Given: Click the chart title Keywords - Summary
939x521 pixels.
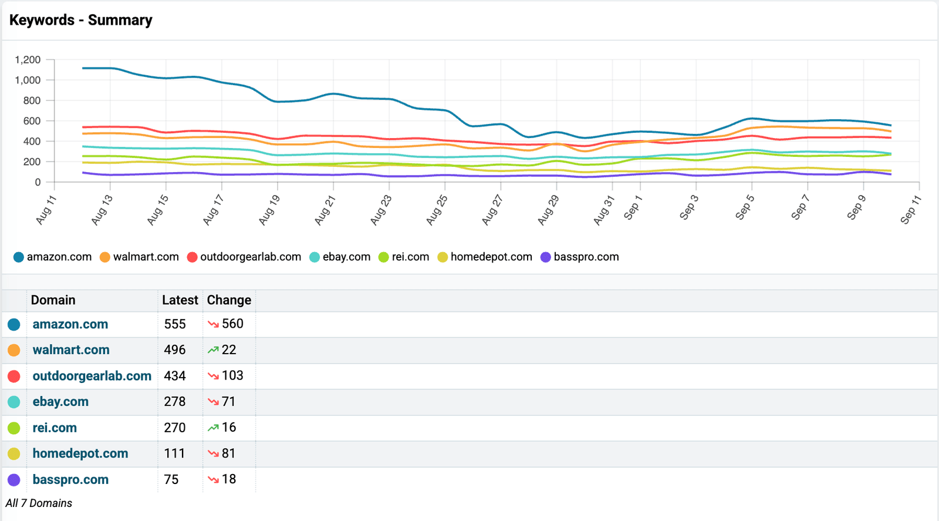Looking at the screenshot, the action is tap(80, 20).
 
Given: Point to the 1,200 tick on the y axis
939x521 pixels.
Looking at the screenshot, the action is tap(28, 59).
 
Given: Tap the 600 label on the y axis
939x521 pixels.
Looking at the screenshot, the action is tap(32, 121).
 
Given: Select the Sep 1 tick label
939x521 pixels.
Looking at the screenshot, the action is tap(633, 207).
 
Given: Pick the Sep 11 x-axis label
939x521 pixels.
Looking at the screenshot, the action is tap(910, 209).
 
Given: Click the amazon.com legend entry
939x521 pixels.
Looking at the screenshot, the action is tap(52, 257).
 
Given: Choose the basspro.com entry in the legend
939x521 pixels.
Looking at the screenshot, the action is tap(579, 257).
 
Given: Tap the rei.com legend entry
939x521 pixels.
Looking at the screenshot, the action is tap(404, 257).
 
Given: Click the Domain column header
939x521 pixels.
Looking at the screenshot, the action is tap(53, 300).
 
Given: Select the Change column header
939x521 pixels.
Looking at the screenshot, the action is tap(229, 300).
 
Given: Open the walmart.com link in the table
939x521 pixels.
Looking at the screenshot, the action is tap(71, 350).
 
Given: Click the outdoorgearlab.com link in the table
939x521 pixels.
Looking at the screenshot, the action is tap(92, 376).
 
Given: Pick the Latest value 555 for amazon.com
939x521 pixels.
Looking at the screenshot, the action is tap(175, 324).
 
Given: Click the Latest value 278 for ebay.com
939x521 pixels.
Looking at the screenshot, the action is tap(175, 401).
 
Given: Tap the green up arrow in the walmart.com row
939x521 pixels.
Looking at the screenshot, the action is tap(213, 350).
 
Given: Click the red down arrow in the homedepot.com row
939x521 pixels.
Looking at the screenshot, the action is tap(213, 453).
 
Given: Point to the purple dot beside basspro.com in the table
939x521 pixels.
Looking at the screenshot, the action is tap(14, 480).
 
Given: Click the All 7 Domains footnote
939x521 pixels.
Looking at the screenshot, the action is tap(39, 503).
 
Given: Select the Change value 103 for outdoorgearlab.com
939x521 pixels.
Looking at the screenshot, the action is tap(232, 375).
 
